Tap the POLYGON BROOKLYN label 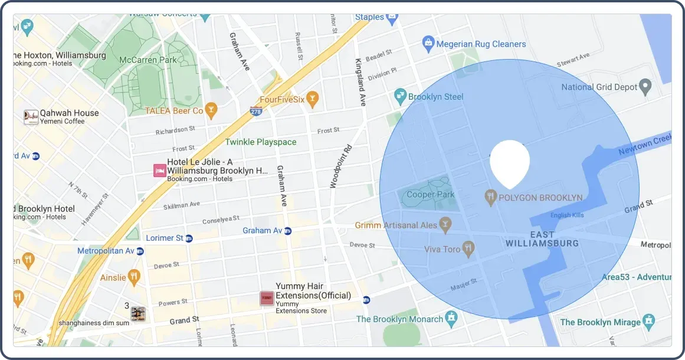[540, 198]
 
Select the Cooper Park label [431, 195]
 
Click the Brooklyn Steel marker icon [400, 96]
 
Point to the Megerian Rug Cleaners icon [428, 43]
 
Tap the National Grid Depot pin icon [646, 87]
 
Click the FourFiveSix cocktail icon [312, 99]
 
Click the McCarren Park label [148, 60]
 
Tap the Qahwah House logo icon [31, 117]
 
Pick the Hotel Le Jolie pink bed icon [159, 171]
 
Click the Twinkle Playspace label [261, 142]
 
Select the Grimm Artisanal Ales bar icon [445, 225]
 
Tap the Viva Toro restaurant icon [468, 249]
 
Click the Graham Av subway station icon [287, 231]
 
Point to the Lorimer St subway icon [189, 238]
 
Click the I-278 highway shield [255, 110]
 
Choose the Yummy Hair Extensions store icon [267, 298]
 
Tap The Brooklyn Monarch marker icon [451, 319]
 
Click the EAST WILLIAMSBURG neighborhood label [542, 239]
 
